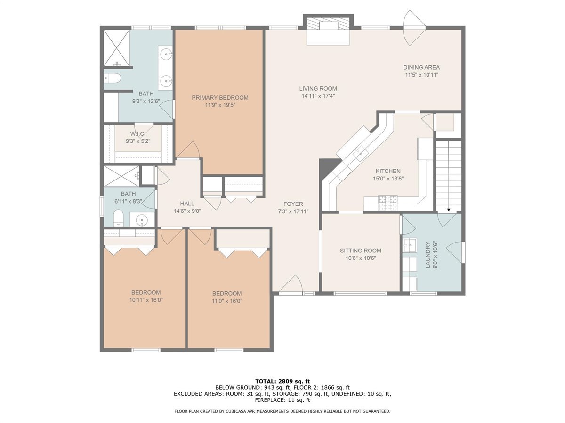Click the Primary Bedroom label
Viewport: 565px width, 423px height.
[220, 98]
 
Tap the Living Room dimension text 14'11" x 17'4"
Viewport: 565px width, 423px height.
[318, 96]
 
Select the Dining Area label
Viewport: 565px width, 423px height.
[421, 67]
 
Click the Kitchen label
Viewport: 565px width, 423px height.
[388, 171]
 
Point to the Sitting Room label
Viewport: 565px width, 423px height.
[361, 251]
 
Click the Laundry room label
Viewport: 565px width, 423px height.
[428, 255]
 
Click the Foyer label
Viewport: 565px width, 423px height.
[293, 204]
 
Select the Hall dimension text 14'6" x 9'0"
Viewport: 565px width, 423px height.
[187, 211]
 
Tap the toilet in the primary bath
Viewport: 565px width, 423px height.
[112, 78]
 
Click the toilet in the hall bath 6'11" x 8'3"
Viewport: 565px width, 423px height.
[118, 219]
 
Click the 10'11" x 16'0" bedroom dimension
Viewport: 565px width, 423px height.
[146, 300]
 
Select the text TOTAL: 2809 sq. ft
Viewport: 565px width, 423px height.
[282, 381]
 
